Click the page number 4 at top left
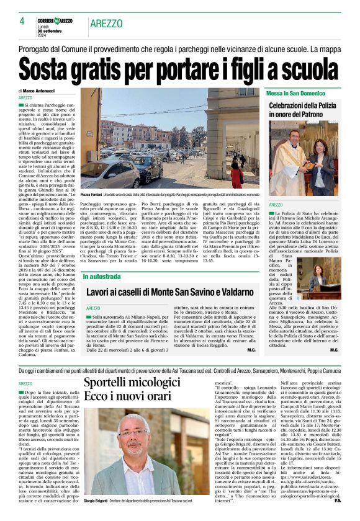(x=22, y=21)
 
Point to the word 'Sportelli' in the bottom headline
(x=110, y=383)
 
